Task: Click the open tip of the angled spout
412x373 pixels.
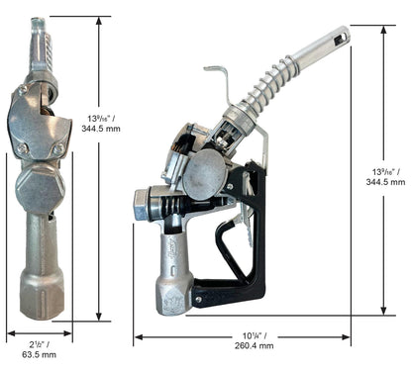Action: coord(341,35)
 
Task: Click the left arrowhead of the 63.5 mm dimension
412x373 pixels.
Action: coord(9,333)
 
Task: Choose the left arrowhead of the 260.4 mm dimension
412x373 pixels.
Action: coord(137,338)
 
